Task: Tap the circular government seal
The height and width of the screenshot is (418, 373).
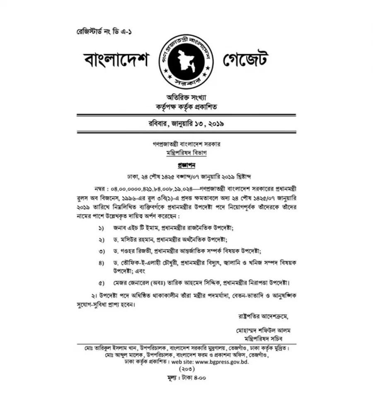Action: [185, 61]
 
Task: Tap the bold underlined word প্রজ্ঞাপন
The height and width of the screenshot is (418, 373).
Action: [185, 164]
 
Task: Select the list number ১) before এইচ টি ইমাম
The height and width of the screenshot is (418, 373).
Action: [101, 228]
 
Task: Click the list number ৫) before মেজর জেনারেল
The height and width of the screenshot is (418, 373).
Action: [101, 283]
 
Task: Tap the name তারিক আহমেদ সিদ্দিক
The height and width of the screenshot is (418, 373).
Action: [199, 283]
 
